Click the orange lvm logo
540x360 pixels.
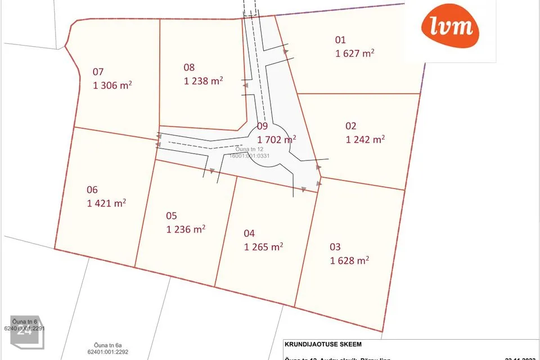(450, 26)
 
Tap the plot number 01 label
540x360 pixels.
(340, 40)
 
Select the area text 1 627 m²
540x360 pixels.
(355, 53)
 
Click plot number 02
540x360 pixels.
(351, 126)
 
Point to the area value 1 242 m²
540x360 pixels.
(365, 139)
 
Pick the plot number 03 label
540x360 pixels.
(335, 246)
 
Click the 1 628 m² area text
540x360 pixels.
(349, 260)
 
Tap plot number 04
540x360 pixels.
(249, 233)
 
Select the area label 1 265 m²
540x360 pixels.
(263, 246)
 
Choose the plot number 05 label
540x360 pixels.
(172, 215)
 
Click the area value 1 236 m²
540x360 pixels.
(186, 229)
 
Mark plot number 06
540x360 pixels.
(92, 190)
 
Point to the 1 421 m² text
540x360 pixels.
(106, 203)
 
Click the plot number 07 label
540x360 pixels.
(98, 71)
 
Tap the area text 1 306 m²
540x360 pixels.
(112, 85)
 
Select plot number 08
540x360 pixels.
(189, 67)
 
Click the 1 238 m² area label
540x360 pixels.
(204, 80)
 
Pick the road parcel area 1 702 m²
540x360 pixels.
(277, 139)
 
